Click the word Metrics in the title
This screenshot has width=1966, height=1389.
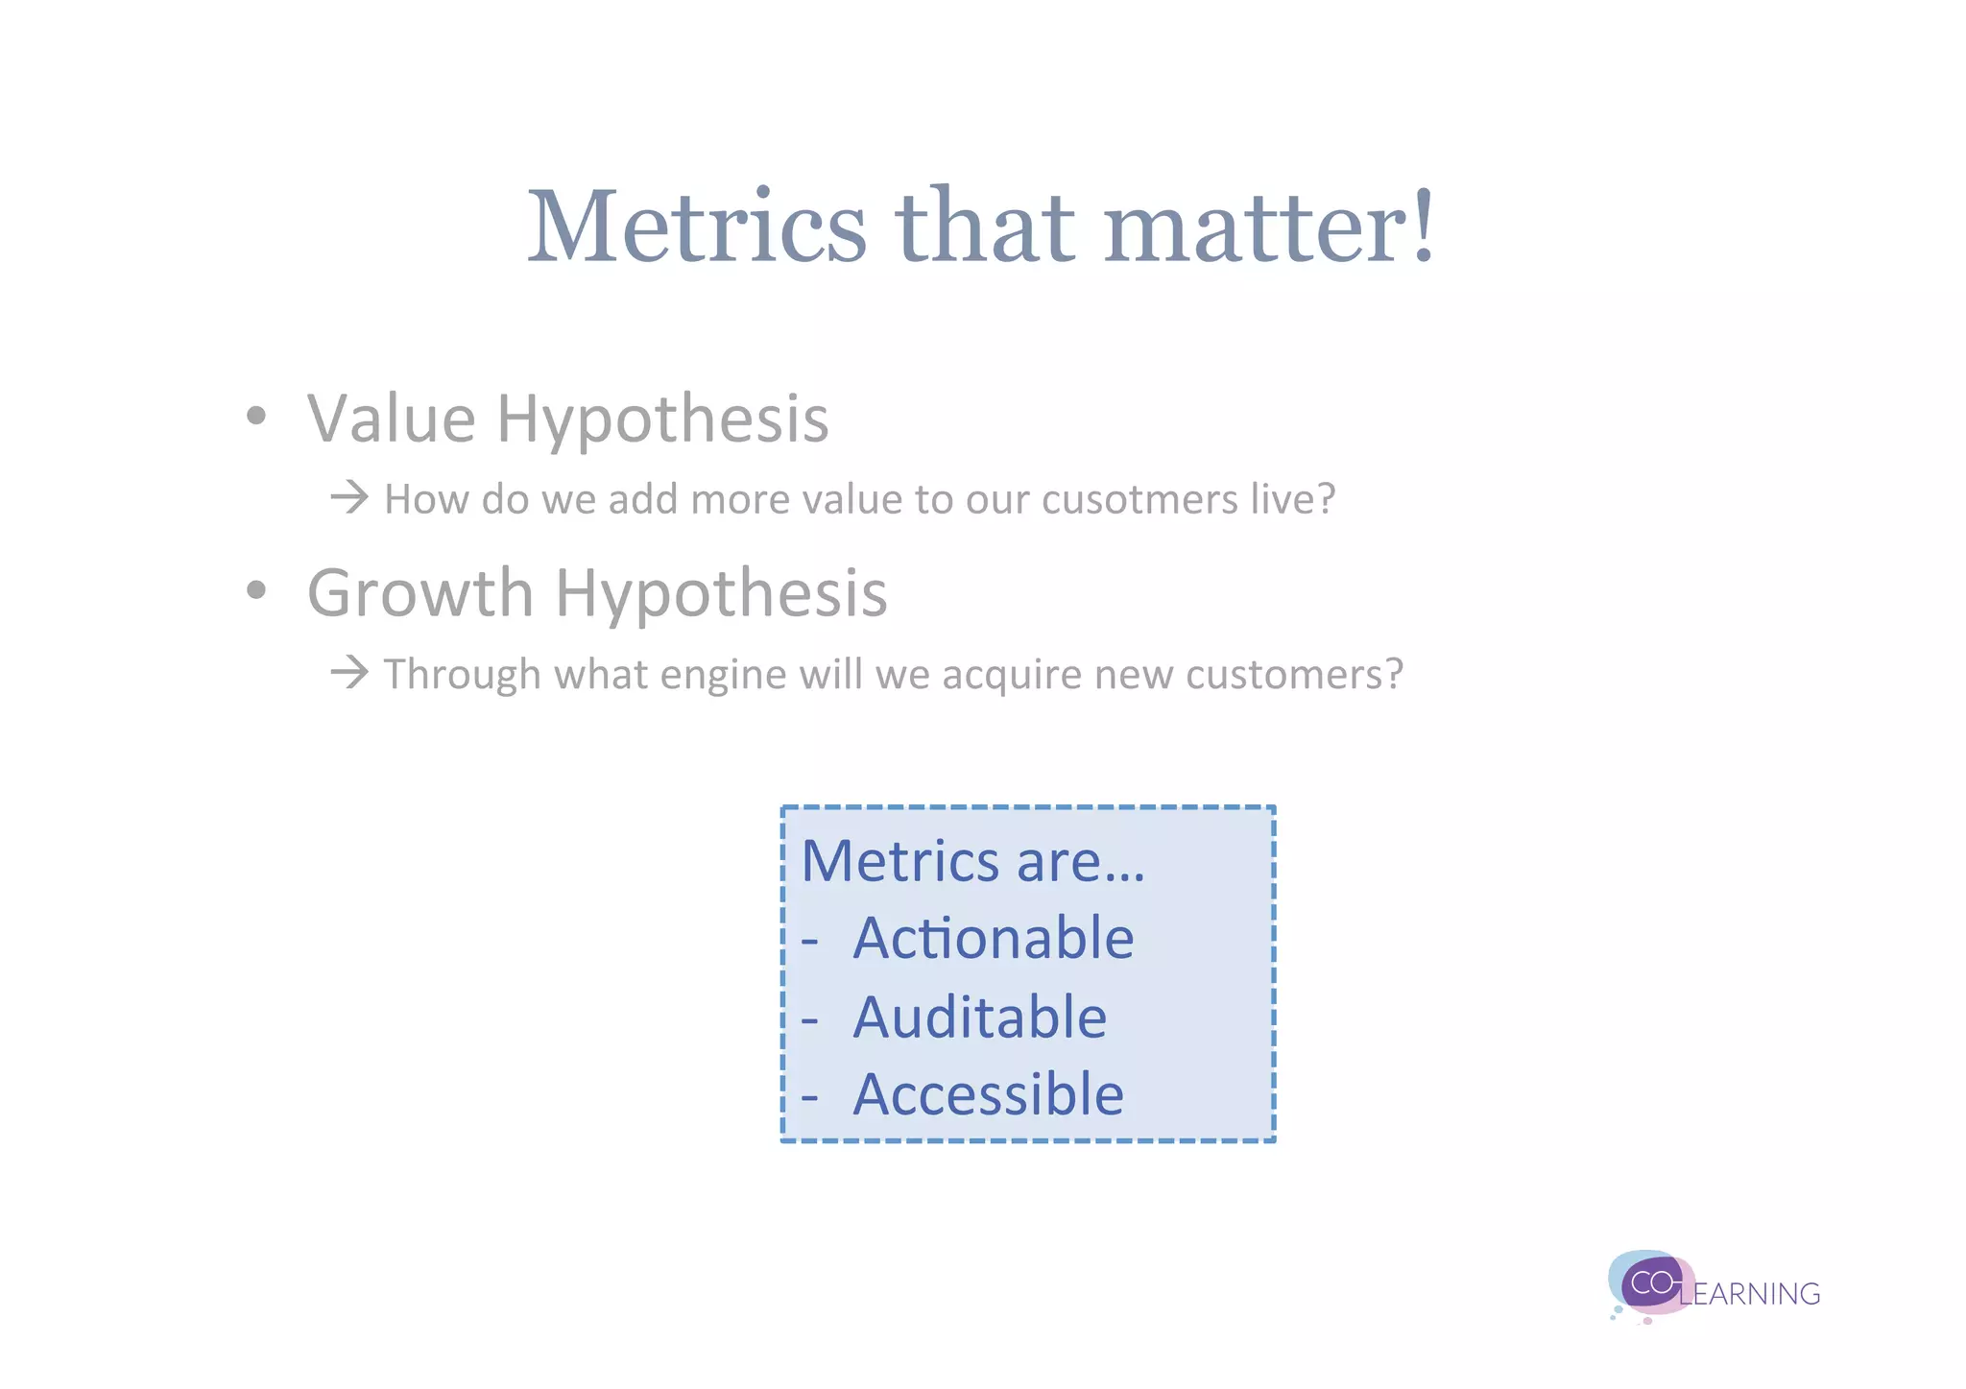coord(697,227)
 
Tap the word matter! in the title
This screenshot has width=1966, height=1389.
coord(1269,227)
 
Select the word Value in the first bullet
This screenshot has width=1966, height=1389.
coord(391,419)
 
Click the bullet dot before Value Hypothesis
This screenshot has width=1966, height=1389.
coord(255,417)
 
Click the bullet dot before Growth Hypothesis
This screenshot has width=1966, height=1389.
coord(255,590)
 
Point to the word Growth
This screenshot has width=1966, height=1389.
coord(420,593)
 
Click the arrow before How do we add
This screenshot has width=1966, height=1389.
coord(349,497)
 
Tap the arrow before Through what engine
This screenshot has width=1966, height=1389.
coord(349,672)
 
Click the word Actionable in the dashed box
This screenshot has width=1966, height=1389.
coord(993,938)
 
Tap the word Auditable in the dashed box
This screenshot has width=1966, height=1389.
coord(979,1018)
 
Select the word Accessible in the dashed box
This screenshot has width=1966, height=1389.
coord(988,1094)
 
